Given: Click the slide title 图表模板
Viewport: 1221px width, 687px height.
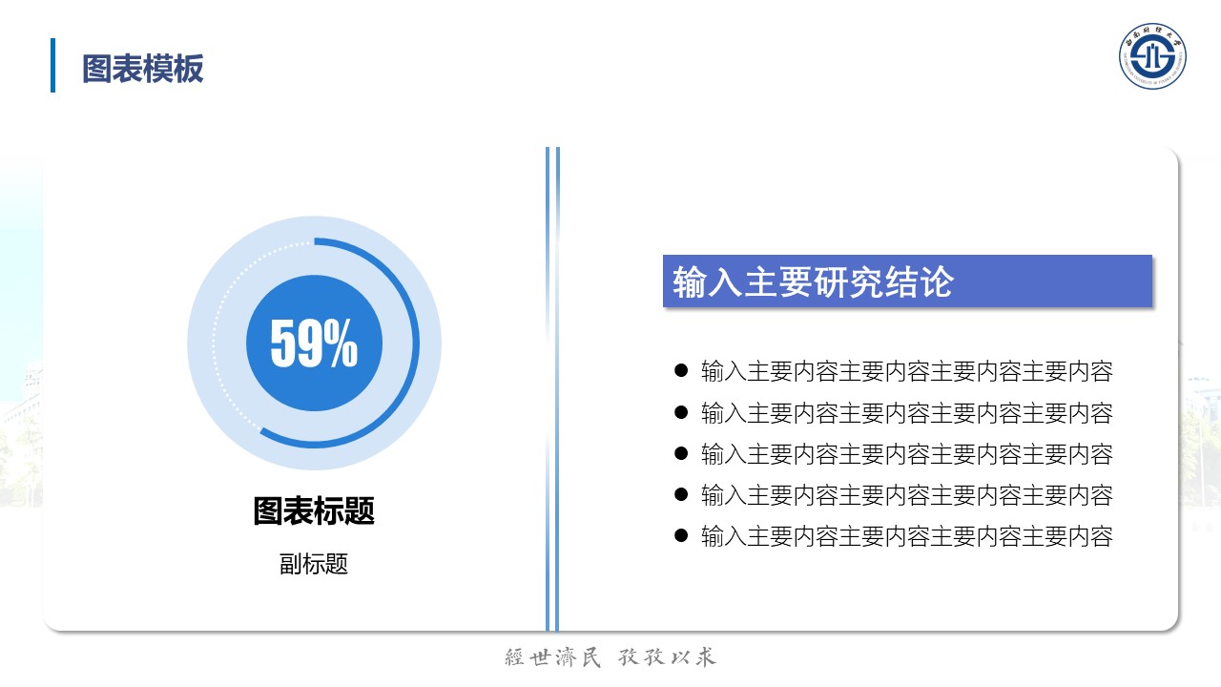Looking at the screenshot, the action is click(x=143, y=69).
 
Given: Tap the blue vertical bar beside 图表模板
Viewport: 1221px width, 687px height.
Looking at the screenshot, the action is click(x=52, y=66).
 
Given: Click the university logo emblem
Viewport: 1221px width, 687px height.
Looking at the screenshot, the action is click(x=1152, y=56).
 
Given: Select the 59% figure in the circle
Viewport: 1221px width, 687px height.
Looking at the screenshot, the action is click(x=314, y=343).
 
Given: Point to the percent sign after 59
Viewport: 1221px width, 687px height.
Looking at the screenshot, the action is click(x=341, y=343).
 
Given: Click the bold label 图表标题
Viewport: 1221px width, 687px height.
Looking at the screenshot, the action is click(x=314, y=510).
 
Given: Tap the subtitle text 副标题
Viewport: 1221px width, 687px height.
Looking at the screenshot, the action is click(x=314, y=564).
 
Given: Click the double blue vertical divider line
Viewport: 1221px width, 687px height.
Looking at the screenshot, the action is click(x=552, y=388).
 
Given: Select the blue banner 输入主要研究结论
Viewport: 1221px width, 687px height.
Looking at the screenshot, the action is click(x=907, y=281).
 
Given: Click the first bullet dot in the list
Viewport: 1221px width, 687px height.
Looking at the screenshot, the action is click(x=681, y=371).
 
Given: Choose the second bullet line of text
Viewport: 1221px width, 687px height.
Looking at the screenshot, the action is click(x=907, y=413).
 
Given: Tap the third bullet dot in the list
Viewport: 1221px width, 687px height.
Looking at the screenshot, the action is click(x=681, y=453).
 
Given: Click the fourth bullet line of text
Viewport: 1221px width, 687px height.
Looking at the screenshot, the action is click(x=907, y=495).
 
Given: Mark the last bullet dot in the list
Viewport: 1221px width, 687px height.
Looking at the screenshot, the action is click(x=681, y=535).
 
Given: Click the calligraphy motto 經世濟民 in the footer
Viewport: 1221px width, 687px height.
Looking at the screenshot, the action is click(x=552, y=657).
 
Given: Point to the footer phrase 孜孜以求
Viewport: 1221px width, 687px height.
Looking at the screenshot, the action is click(x=667, y=657).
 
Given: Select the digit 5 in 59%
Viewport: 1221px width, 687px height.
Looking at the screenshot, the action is click(x=283, y=343).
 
